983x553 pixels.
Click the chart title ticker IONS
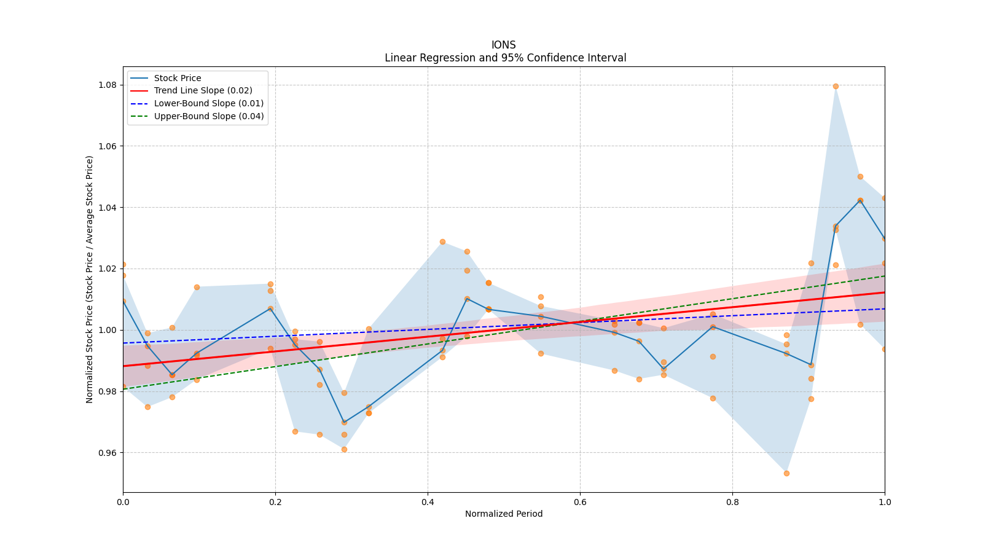click(503, 45)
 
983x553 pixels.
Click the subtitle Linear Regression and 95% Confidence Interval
click(505, 58)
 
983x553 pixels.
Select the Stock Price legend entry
click(178, 78)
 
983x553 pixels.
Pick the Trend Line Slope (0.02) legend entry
click(203, 90)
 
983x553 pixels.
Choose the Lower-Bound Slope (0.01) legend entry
click(208, 103)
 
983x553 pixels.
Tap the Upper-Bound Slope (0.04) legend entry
click(209, 116)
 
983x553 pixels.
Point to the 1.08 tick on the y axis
click(108, 85)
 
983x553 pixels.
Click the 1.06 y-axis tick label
click(108, 146)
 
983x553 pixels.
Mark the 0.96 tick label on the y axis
click(108, 453)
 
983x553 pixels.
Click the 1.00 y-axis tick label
click(108, 330)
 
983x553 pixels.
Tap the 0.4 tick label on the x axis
click(428, 501)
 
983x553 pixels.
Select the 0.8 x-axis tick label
click(732, 501)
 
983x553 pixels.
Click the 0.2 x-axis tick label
click(275, 501)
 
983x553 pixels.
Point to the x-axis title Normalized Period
click(504, 514)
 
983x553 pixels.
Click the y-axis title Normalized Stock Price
click(90, 279)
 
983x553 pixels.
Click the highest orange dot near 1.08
click(836, 86)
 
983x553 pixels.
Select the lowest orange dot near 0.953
click(786, 473)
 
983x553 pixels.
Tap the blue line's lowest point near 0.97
click(344, 422)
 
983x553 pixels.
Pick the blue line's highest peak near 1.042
click(860, 200)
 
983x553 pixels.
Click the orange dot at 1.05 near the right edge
click(860, 176)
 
